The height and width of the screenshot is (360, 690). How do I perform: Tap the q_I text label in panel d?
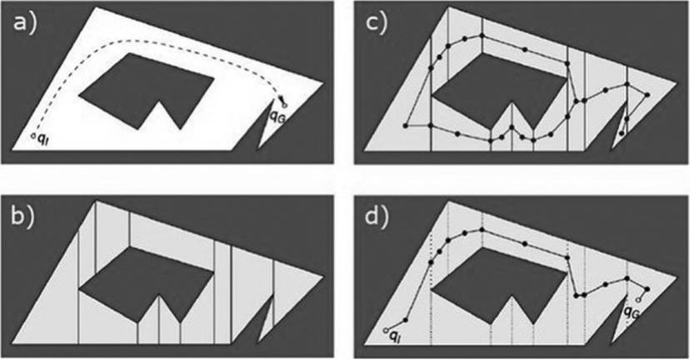(398, 337)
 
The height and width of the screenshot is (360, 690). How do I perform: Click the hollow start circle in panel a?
(32, 135)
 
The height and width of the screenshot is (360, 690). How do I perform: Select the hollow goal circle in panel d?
(638, 298)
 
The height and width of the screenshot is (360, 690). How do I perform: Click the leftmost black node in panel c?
(405, 126)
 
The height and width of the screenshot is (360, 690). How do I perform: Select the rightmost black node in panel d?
(648, 290)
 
